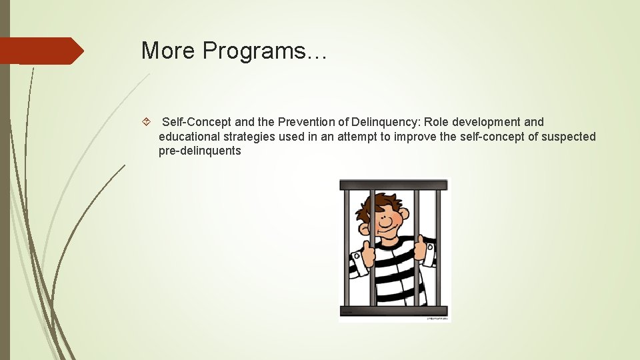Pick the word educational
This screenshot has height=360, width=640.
tap(190, 137)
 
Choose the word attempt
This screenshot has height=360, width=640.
tap(355, 137)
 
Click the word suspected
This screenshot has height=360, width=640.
tap(570, 137)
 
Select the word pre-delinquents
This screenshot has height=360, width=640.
tap(199, 151)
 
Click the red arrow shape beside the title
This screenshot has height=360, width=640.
tap(40, 51)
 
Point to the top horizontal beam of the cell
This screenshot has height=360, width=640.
tap(393, 185)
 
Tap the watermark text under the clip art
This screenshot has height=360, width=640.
tap(437, 319)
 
